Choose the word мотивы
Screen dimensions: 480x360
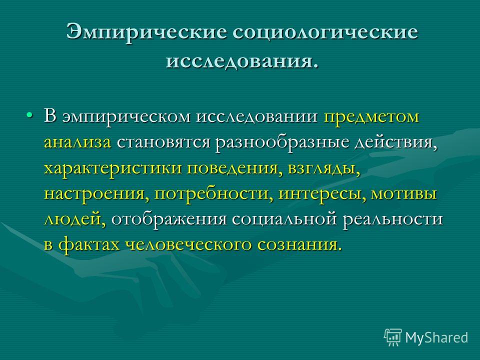point(404,194)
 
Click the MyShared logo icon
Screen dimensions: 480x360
point(393,337)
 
